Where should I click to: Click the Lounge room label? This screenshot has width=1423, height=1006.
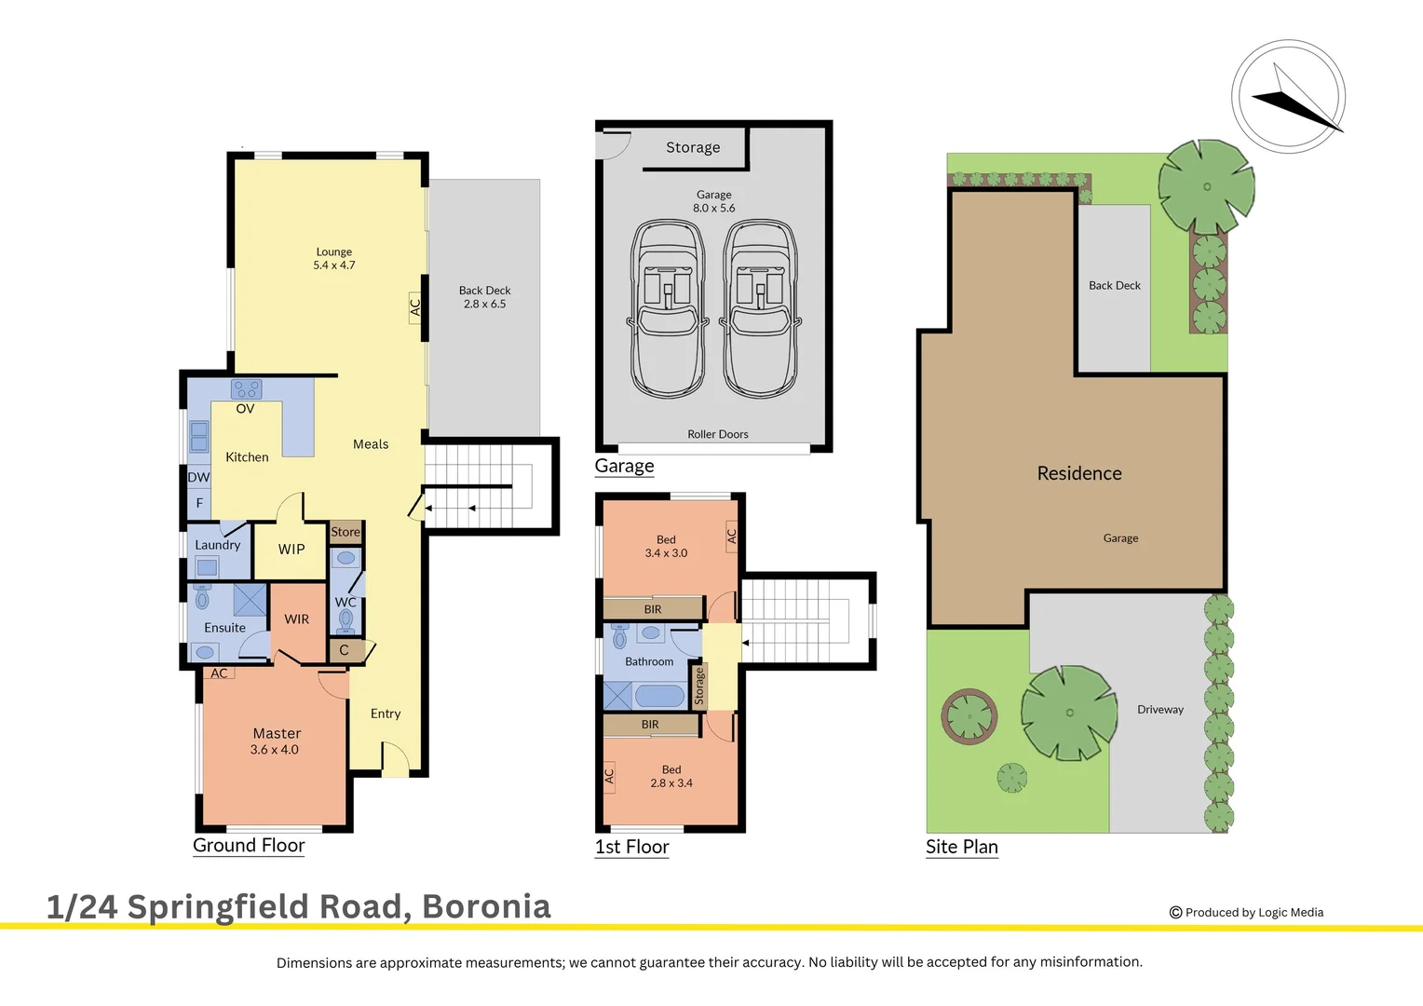click(334, 258)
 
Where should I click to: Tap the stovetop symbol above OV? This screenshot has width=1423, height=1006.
click(247, 389)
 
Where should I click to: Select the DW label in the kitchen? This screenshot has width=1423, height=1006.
click(198, 477)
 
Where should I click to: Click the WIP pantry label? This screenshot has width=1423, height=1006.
click(291, 550)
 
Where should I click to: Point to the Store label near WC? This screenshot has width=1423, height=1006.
click(346, 532)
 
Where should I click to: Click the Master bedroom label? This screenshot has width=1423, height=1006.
click(276, 741)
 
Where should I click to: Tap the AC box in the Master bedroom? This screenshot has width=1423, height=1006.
click(219, 673)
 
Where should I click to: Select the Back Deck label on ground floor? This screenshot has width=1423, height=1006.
click(484, 297)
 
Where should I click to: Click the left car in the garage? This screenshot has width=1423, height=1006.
click(668, 307)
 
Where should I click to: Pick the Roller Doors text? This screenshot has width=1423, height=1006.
click(717, 434)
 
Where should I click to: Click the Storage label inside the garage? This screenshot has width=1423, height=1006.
click(693, 147)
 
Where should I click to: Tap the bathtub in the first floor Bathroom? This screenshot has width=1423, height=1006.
click(658, 695)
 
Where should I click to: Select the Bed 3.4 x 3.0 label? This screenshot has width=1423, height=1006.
click(666, 546)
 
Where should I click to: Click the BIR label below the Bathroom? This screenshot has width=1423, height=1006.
click(650, 725)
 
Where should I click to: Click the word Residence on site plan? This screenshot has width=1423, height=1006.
click(1079, 473)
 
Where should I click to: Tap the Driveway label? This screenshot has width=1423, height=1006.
click(1159, 710)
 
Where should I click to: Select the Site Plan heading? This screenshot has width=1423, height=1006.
click(961, 847)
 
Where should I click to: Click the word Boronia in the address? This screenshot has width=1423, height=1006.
click(486, 906)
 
